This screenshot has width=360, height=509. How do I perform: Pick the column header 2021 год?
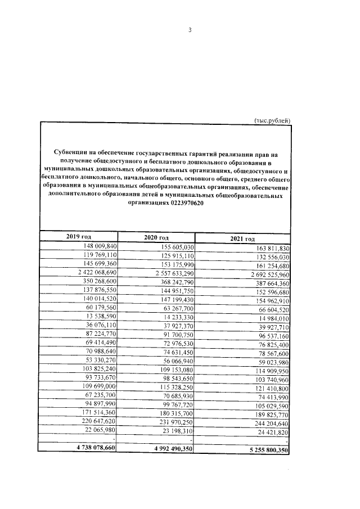(x=243, y=239)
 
